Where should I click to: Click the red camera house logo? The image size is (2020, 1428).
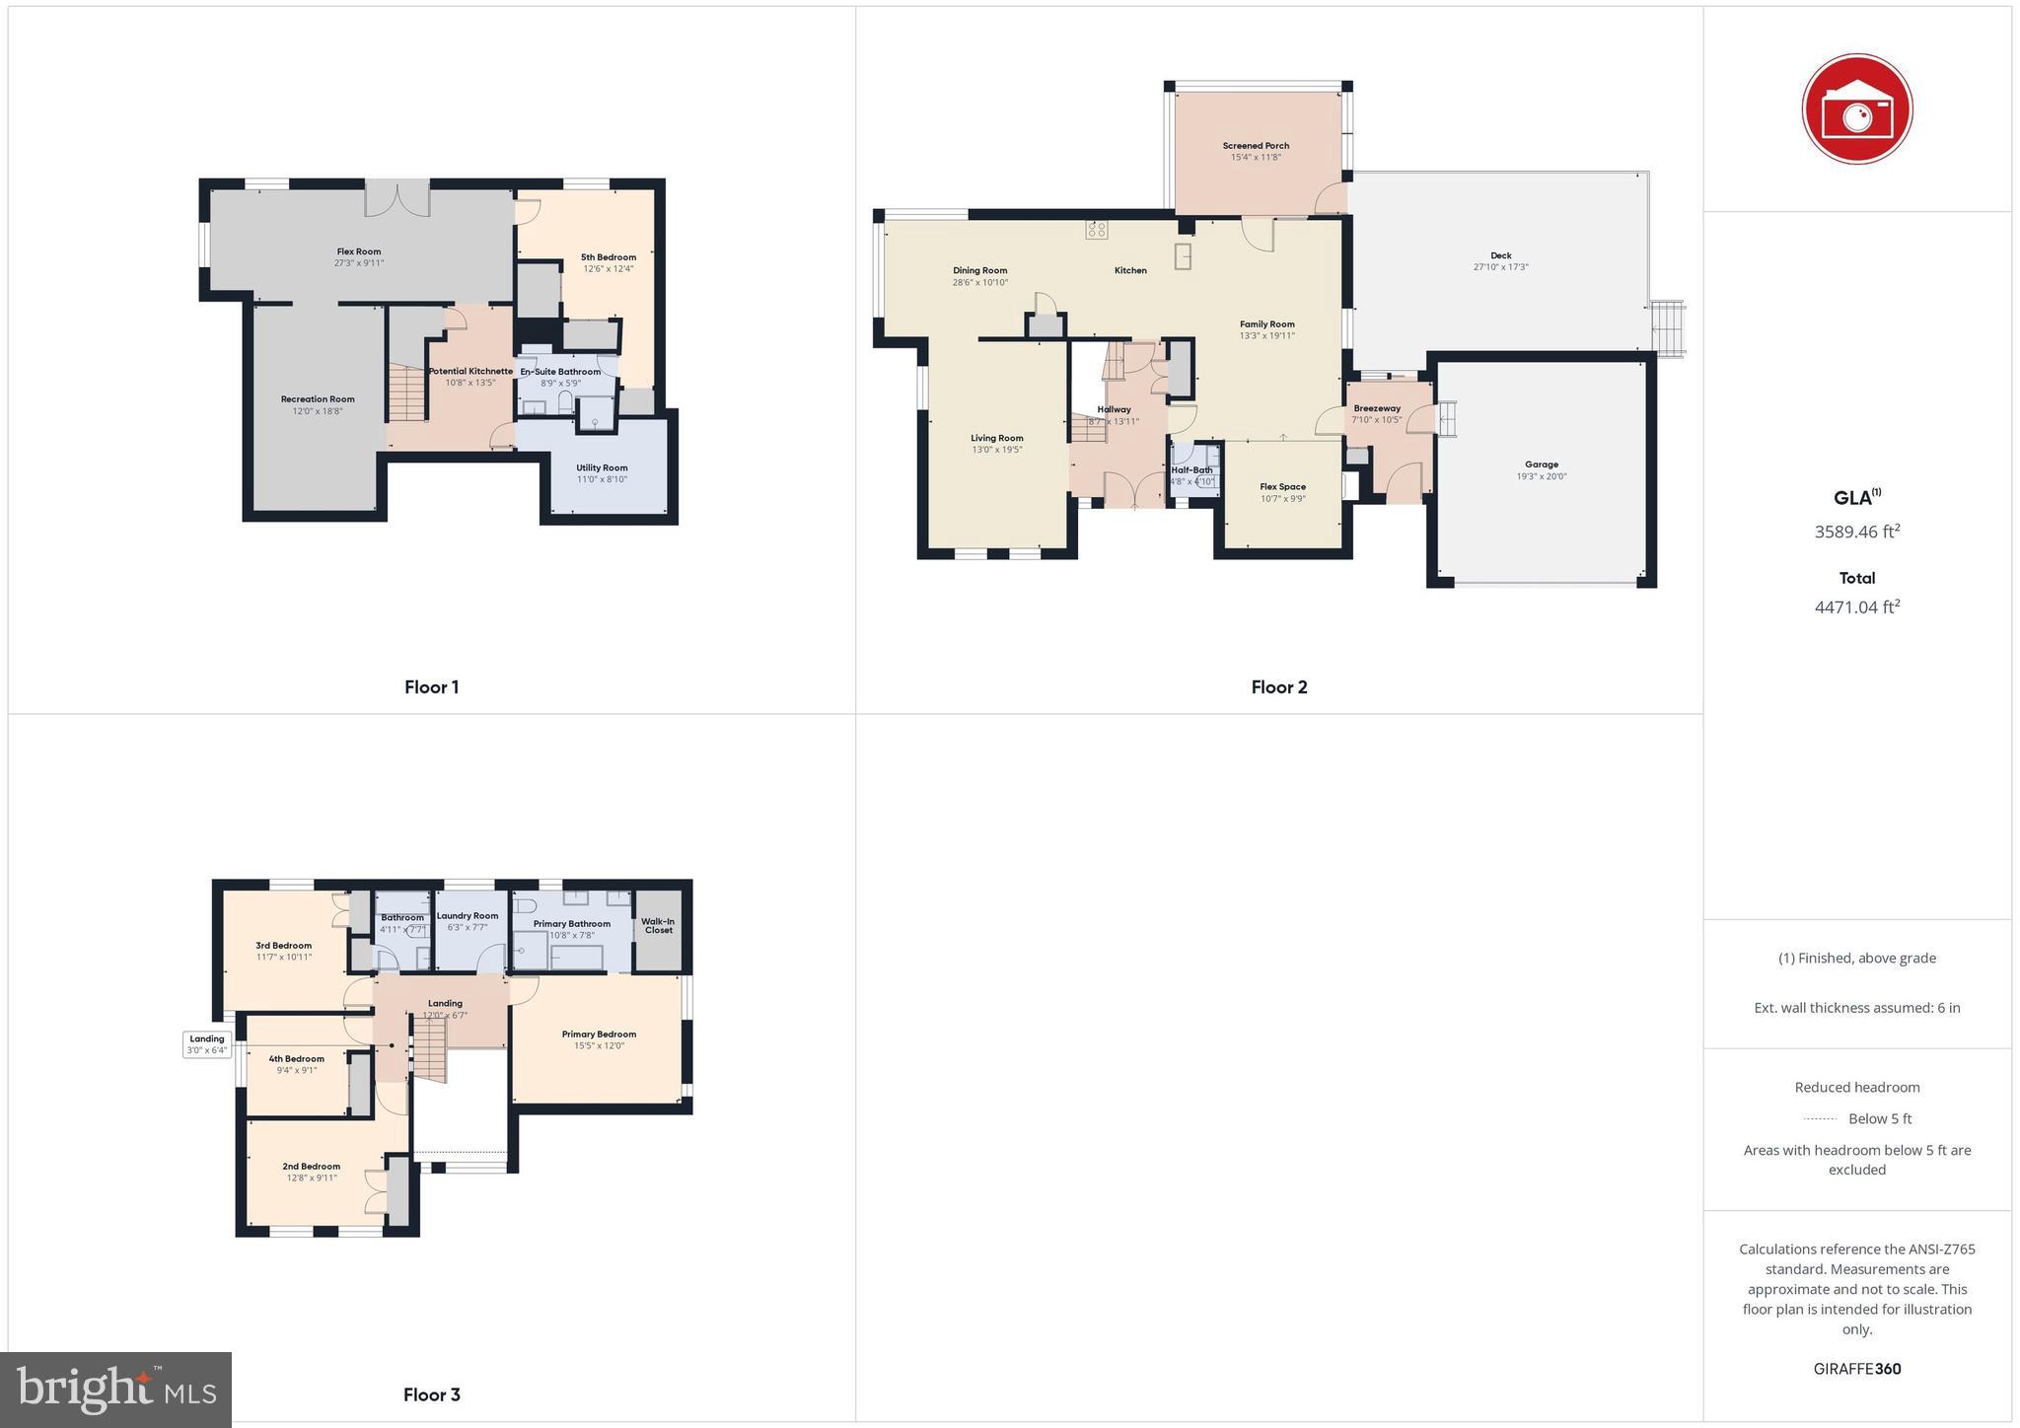tap(1856, 108)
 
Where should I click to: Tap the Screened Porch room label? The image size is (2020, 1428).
tap(1256, 146)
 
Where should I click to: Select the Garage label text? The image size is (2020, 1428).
tap(1541, 464)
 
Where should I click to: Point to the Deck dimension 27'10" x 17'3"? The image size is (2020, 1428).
tap(1500, 267)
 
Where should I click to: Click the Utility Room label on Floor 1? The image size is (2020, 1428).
tap(602, 467)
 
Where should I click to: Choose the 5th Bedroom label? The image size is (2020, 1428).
tap(608, 257)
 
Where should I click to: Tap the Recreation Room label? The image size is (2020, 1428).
tap(317, 399)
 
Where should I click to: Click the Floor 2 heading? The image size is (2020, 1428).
tap(1278, 687)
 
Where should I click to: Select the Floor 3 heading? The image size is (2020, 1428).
tap(431, 1394)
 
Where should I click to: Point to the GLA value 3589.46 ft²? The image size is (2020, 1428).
tap(1856, 532)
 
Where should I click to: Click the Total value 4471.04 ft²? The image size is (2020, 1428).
tap(1856, 607)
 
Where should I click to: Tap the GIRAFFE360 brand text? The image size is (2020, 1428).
tap(1856, 1369)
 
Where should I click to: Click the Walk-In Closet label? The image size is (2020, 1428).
tap(658, 925)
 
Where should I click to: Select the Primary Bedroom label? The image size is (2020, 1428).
tap(599, 1035)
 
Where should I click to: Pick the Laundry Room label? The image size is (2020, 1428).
tap(468, 915)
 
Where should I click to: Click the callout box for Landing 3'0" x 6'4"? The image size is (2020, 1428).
tap(207, 1044)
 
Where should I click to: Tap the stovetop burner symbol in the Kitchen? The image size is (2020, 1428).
tap(1097, 230)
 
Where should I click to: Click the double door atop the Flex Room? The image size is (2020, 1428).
tap(397, 198)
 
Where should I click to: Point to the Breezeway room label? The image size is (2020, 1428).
tap(1377, 408)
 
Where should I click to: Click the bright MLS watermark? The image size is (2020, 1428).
tap(116, 1390)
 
